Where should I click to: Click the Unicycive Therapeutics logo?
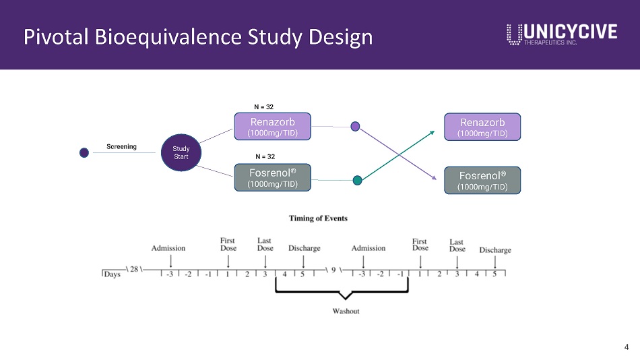(x=561, y=34)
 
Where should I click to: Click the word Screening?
(x=121, y=146)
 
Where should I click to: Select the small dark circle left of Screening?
(x=84, y=152)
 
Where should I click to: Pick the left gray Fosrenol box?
(x=272, y=177)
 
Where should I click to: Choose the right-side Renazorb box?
(x=482, y=127)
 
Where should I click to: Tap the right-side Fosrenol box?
(x=482, y=180)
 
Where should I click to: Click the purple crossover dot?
(x=356, y=126)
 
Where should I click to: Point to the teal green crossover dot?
(x=358, y=180)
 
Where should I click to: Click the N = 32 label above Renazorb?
(x=263, y=107)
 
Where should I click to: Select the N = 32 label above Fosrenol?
(x=263, y=156)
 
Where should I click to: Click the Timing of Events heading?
(x=318, y=218)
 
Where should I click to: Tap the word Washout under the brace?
(x=345, y=311)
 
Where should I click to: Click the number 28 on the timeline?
(x=133, y=269)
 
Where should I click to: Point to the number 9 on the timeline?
(x=333, y=270)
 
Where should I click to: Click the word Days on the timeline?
(x=112, y=274)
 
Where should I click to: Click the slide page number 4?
(x=627, y=347)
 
